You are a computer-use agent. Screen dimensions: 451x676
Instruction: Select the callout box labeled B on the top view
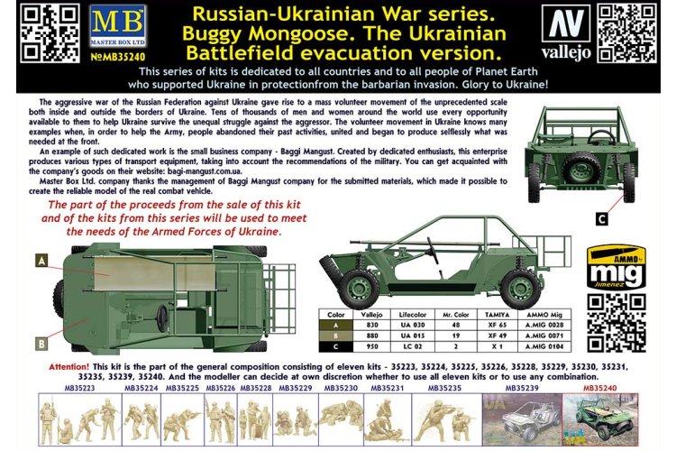pos(41,342)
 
